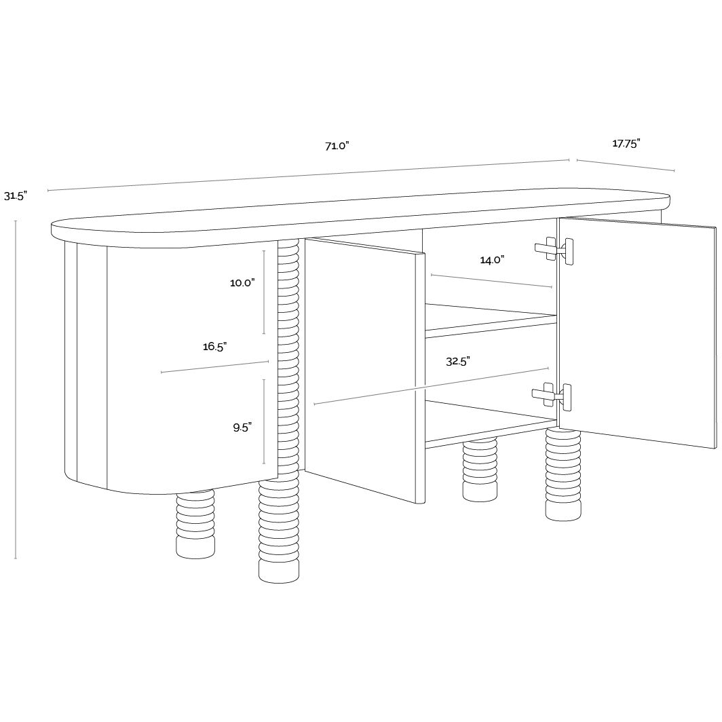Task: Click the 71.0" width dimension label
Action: (x=337, y=146)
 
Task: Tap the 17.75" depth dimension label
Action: (x=626, y=144)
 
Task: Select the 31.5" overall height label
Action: (x=16, y=195)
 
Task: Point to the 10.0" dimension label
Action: (x=243, y=283)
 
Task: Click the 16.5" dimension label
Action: (x=215, y=346)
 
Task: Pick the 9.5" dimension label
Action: (x=242, y=427)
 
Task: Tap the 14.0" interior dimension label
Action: (x=492, y=260)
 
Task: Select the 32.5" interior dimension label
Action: (x=457, y=362)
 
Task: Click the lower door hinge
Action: (x=552, y=395)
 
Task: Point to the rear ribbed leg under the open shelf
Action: (x=480, y=469)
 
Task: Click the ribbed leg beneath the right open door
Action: (x=563, y=475)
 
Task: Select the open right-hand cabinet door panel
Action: (x=638, y=332)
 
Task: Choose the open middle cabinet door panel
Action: (x=364, y=370)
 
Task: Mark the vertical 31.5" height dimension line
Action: (x=16, y=389)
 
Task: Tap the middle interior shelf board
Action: (x=491, y=318)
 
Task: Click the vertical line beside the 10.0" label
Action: (x=264, y=292)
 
